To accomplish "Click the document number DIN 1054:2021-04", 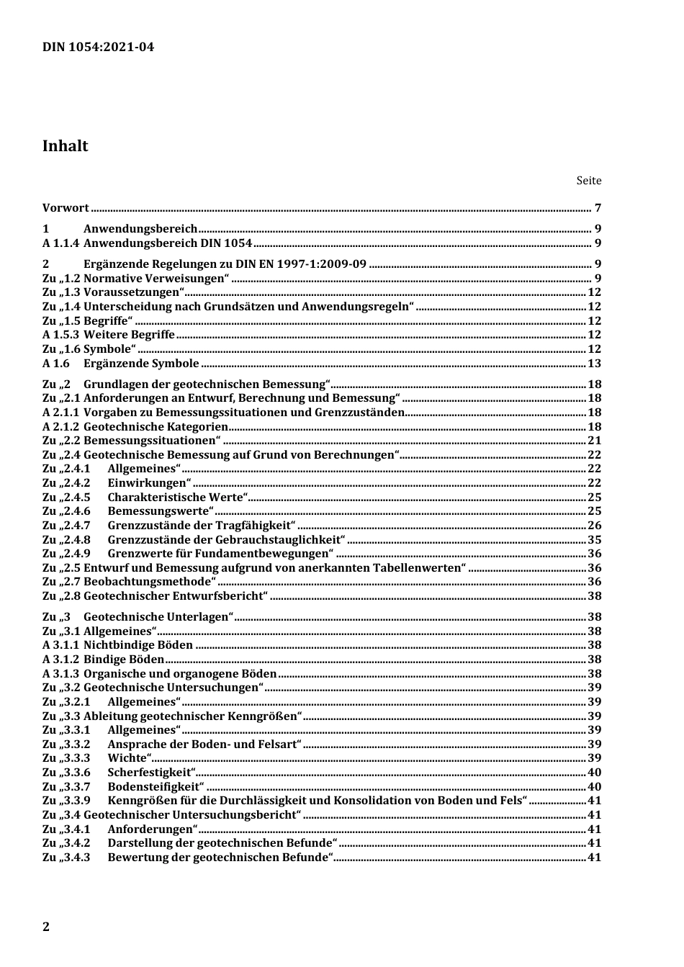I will click(x=98, y=48).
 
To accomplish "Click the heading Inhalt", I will click(x=65, y=146).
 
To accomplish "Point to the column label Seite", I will click(x=588, y=181).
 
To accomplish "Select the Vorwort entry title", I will click(x=66, y=208).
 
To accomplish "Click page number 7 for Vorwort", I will click(x=598, y=208).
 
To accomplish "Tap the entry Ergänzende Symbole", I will click(x=141, y=364).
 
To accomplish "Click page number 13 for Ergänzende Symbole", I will click(x=594, y=364).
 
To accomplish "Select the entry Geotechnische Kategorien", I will click(x=156, y=427).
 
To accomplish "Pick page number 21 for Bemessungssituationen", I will click(x=594, y=441).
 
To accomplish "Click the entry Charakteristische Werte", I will click(x=177, y=498).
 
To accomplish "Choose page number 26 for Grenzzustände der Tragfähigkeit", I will click(x=594, y=526).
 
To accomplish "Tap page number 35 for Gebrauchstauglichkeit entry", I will click(x=594, y=540).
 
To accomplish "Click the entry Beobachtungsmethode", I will click(x=150, y=582).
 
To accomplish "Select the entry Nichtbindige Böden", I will click(x=138, y=645).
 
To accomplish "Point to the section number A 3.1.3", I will click(x=60, y=674).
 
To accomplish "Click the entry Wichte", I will click(x=129, y=758).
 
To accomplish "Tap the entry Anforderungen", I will click(x=152, y=829).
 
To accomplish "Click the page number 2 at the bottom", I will click(x=46, y=927).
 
